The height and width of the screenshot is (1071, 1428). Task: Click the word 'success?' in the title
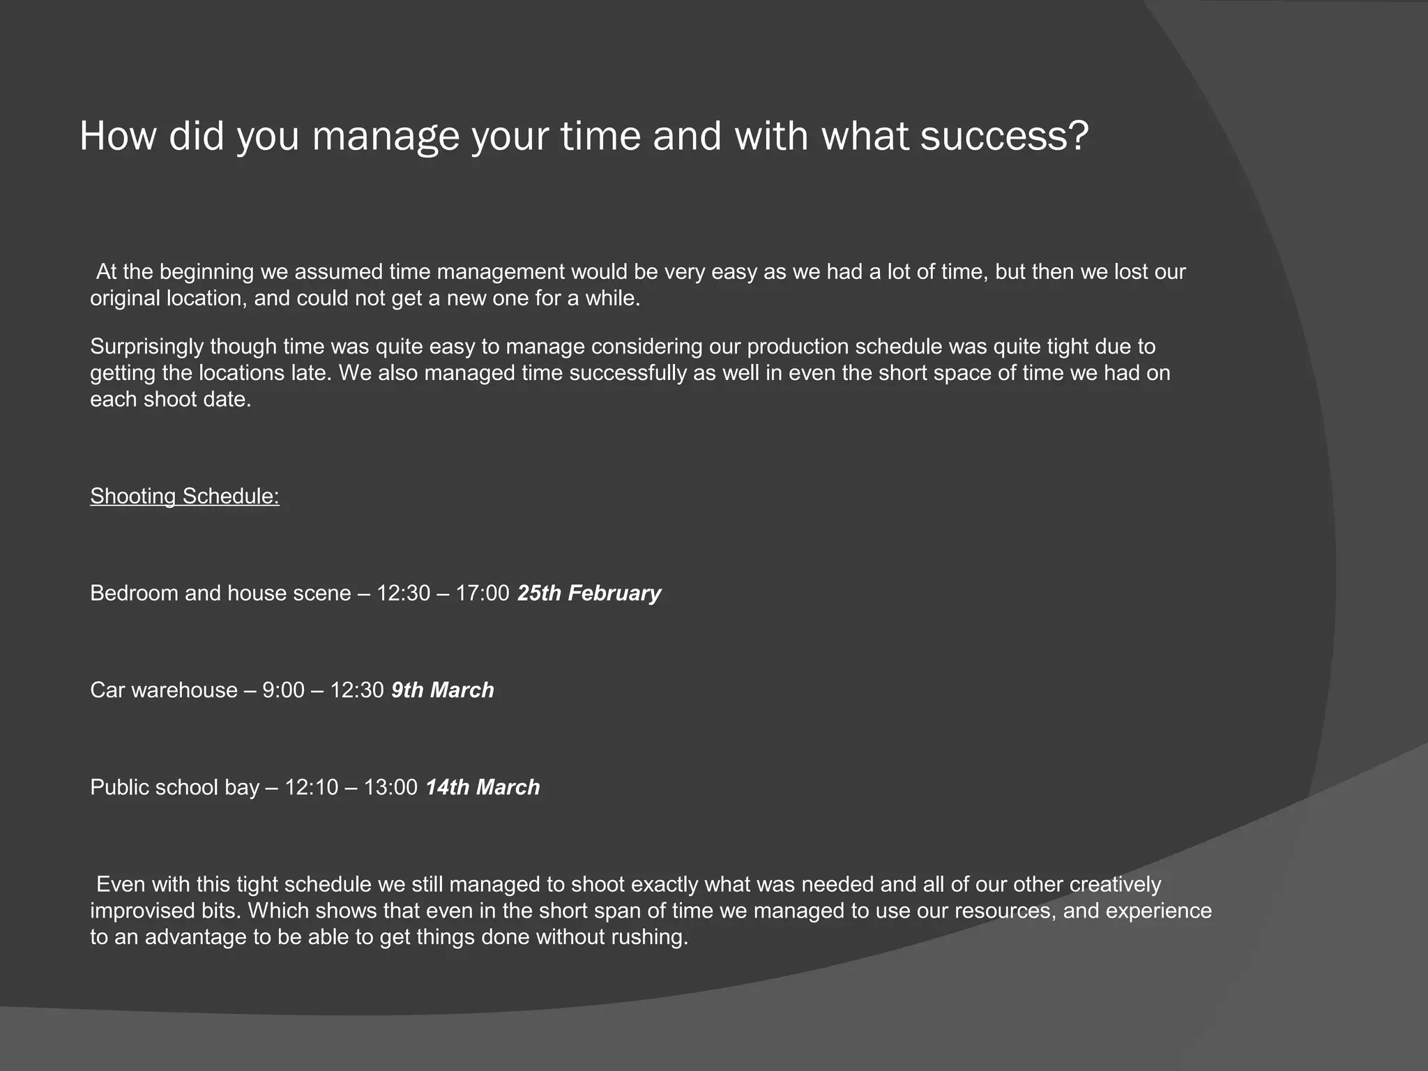1003,136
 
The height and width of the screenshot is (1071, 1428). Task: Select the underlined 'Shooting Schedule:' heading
185,496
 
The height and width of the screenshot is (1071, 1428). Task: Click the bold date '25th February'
588,593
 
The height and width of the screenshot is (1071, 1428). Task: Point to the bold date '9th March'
442,690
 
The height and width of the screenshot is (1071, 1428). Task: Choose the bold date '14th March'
483,787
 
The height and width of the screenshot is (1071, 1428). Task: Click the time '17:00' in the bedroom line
483,593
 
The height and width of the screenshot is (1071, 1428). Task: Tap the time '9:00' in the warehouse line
283,690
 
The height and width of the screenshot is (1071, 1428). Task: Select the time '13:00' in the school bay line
390,787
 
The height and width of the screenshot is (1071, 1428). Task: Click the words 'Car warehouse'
164,690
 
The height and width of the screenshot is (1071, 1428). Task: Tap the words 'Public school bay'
174,787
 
